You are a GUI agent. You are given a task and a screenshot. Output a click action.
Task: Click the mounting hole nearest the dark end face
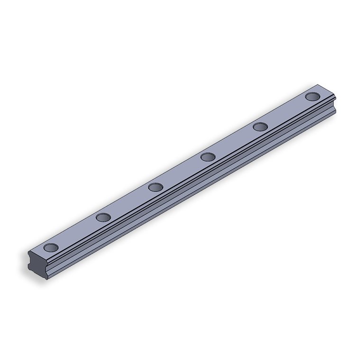pyautogui.click(x=51, y=247)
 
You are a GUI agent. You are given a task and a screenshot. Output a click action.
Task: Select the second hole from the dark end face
pyautogui.click(x=103, y=218)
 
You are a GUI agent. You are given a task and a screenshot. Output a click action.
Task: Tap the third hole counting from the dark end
pyautogui.click(x=155, y=187)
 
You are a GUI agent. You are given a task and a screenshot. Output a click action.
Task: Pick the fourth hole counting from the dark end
pyautogui.click(x=208, y=157)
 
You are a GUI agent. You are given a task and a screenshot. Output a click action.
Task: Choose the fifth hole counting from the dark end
pyautogui.click(x=260, y=127)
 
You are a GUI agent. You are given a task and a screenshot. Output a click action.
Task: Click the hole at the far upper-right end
pyautogui.click(x=312, y=97)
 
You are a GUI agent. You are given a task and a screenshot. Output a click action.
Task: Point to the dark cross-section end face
pyautogui.click(x=38, y=266)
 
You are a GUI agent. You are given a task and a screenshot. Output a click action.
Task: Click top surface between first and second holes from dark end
pyautogui.click(x=77, y=232)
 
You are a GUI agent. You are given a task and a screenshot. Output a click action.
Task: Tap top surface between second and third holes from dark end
pyautogui.click(x=129, y=202)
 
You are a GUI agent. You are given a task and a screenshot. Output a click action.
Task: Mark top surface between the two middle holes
pyautogui.click(x=182, y=172)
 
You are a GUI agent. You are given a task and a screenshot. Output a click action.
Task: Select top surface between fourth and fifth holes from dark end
pyautogui.click(x=234, y=142)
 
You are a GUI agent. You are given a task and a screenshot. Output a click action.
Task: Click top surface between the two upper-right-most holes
pyautogui.click(x=286, y=111)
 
